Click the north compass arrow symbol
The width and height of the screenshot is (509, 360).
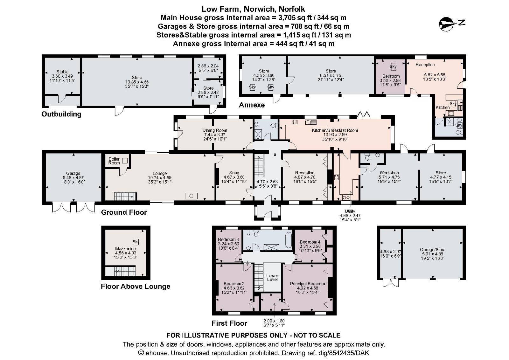tap(448, 23)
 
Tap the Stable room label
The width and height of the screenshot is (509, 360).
tap(62, 72)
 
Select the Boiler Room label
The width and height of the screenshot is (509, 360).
tap(114, 161)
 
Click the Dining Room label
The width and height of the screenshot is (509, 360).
tap(215, 130)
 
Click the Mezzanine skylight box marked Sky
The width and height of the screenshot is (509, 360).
tap(136, 242)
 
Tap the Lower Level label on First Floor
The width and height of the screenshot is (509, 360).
tap(272, 277)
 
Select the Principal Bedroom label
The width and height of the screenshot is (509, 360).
tap(307, 284)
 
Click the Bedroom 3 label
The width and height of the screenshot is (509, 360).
tap(228, 239)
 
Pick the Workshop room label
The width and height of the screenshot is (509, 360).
tap(389, 173)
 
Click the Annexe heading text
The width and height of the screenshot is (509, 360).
tap(252, 105)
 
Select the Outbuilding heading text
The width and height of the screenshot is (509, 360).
tap(61, 114)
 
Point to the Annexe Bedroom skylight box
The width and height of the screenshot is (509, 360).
tap(393, 66)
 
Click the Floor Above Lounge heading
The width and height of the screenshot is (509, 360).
tap(136, 287)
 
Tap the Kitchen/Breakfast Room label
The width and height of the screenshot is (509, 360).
tap(335, 130)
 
